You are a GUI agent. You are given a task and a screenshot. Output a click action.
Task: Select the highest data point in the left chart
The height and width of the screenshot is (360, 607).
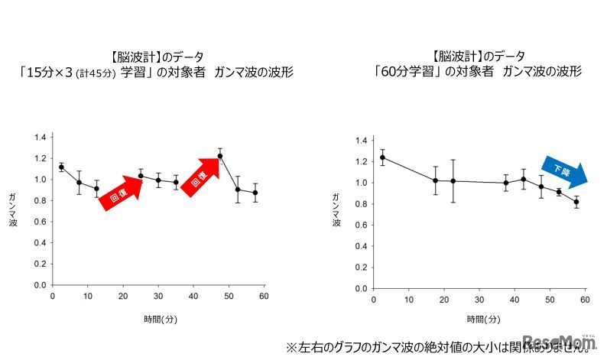[x=220, y=156]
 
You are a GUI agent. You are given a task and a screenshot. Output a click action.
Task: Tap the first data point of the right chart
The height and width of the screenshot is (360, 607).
[x=382, y=157]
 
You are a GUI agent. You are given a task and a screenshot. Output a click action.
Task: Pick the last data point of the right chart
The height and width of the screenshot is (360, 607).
[x=576, y=202]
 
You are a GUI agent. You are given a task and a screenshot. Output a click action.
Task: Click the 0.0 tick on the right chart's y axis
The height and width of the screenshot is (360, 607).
[x=359, y=288]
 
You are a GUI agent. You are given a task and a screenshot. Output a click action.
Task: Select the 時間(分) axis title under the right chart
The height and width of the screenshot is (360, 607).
[x=483, y=319]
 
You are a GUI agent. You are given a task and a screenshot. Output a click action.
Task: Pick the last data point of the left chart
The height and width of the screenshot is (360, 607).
[x=255, y=193]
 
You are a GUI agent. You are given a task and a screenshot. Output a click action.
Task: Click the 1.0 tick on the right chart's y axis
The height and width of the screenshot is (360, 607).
[x=359, y=183]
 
